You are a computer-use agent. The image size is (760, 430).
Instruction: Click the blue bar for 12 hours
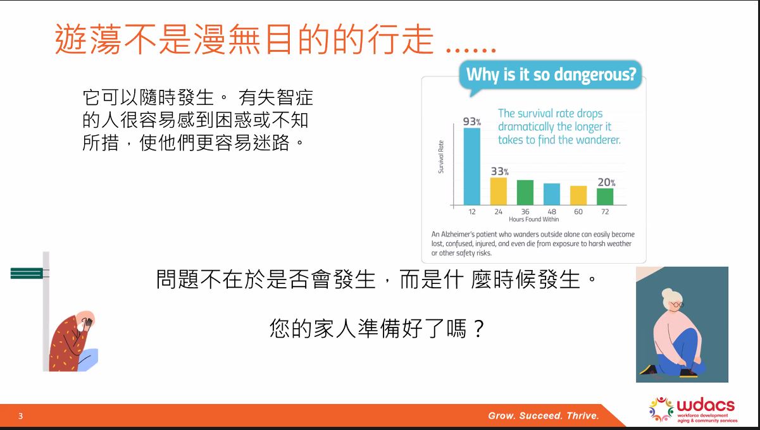472,166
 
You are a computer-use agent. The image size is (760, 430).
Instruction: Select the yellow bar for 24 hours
499,191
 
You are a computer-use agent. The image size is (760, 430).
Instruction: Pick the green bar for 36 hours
525,193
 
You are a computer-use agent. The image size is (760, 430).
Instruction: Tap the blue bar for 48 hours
552,194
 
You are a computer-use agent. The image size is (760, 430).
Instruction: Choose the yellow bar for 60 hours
578,195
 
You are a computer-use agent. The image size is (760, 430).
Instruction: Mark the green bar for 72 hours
605,197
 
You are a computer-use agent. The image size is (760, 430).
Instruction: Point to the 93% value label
472,121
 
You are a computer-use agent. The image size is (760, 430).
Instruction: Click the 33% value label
500,171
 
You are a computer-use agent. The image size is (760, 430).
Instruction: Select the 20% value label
606,183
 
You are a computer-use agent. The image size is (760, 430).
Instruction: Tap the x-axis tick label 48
552,212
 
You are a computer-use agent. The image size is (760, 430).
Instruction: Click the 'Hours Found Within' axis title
533,219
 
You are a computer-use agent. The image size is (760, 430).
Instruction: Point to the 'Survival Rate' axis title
440,157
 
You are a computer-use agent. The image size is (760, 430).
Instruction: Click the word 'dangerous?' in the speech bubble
596,75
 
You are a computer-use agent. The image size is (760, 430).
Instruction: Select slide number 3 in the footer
20,416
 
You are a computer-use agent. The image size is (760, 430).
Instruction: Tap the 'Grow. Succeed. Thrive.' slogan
544,415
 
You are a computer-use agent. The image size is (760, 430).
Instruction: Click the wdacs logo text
706,405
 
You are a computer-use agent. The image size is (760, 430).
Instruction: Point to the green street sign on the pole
27,273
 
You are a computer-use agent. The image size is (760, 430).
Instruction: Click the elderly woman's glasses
676,305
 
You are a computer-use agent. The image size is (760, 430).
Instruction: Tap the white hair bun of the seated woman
668,293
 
